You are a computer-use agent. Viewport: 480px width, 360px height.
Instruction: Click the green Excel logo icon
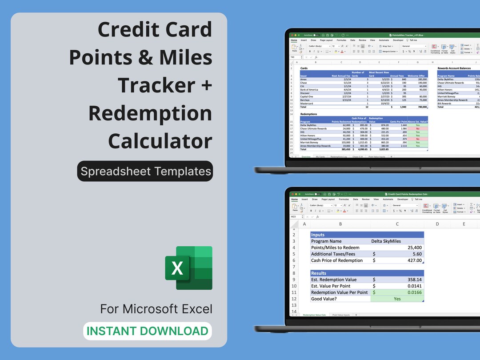[x=189, y=268]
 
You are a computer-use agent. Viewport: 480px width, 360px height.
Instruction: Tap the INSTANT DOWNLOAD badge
[x=147, y=331]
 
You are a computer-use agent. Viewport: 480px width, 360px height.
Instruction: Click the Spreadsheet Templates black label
[x=145, y=171]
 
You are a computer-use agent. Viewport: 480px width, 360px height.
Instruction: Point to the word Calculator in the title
[x=160, y=141]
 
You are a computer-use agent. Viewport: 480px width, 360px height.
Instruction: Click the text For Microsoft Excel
[x=156, y=308]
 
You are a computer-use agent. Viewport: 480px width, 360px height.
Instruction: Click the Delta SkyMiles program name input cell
[x=386, y=241]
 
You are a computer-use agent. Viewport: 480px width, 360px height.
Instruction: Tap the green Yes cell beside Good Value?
[x=397, y=299]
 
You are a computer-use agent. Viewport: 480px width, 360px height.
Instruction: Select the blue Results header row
[x=367, y=273]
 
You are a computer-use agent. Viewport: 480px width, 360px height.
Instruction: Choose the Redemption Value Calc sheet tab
[x=314, y=315]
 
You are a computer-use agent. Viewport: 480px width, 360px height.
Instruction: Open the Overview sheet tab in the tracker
[x=305, y=156]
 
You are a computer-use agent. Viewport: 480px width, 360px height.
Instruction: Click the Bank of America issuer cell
[x=309, y=90]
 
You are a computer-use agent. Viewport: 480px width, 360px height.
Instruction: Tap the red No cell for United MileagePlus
[x=417, y=139]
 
